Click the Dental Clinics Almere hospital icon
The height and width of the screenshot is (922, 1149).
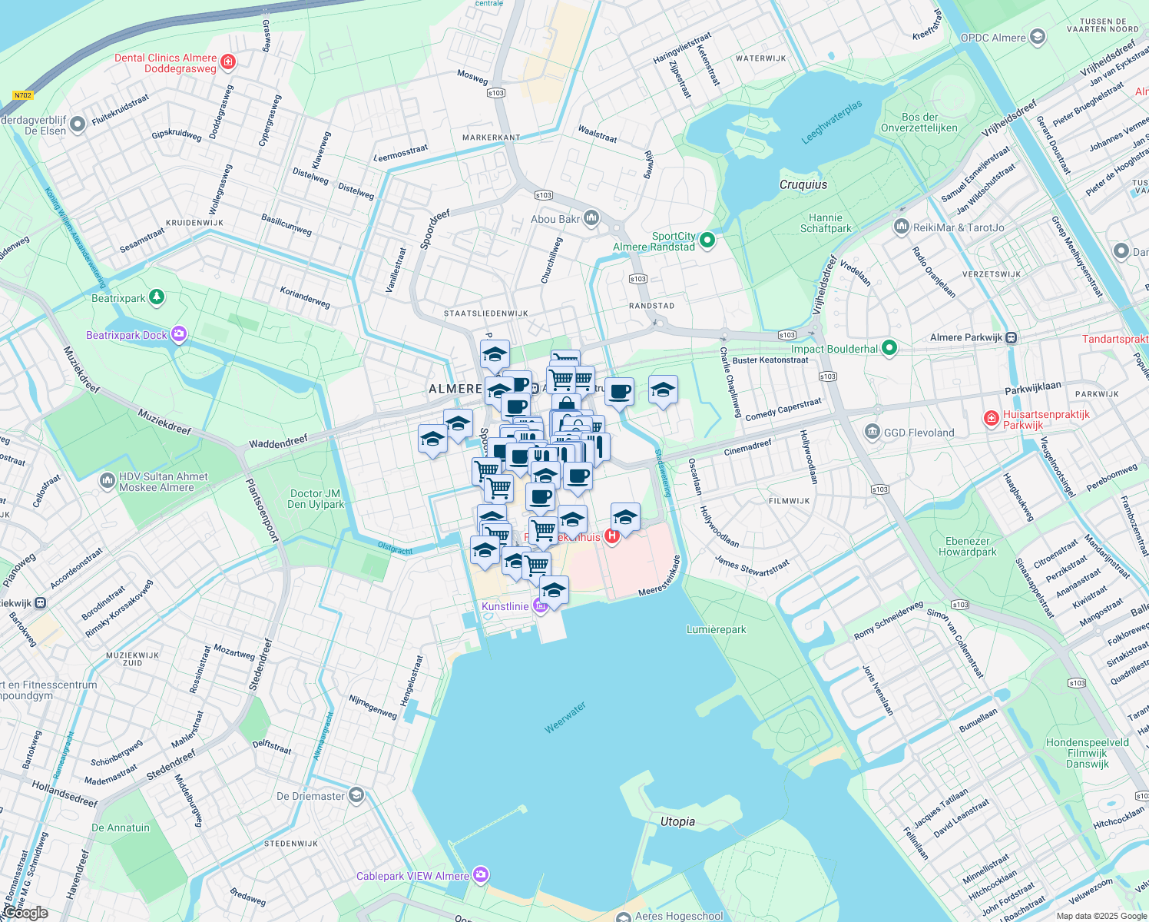tap(227, 61)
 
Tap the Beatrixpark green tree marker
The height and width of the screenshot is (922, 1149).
tap(157, 297)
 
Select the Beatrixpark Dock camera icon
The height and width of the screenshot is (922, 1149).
tap(179, 334)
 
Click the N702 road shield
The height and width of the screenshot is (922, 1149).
tap(23, 95)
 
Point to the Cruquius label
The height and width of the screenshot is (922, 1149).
tap(803, 184)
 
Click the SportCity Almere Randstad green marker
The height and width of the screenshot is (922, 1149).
tap(707, 241)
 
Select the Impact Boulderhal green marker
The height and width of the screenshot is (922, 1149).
tap(889, 349)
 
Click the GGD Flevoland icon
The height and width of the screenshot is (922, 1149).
tap(872, 432)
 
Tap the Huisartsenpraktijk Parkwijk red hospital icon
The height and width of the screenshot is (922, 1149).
tap(992, 419)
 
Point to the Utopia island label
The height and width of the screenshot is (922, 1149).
tap(677, 821)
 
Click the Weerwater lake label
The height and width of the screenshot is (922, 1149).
tap(565, 717)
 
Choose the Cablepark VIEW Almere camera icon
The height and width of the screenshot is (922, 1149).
tap(481, 875)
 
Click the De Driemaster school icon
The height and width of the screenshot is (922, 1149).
tap(356, 795)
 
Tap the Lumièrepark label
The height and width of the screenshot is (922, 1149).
tap(716, 629)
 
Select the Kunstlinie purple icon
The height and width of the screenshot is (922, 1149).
tap(540, 606)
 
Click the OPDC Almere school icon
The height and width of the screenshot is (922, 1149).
tap(1038, 37)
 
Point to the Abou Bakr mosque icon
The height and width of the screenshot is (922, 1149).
tap(591, 219)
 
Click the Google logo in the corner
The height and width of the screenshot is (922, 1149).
tap(25, 913)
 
